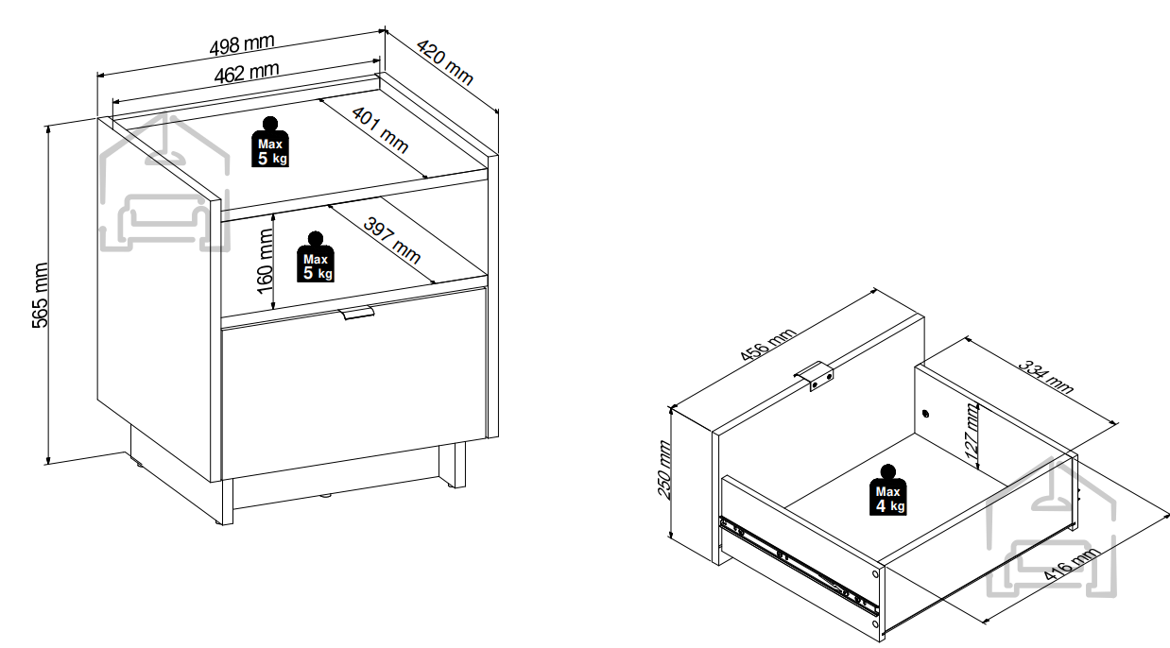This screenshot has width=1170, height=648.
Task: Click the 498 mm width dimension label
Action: [241, 45]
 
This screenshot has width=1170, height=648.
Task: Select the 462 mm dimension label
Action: [247, 73]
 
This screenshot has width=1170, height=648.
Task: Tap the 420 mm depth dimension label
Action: [445, 62]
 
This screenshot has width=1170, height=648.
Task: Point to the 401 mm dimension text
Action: [380, 129]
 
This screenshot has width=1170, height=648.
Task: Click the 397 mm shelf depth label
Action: [392, 240]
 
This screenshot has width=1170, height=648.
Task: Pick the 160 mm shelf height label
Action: [266, 262]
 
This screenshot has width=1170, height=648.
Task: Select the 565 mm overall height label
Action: [40, 295]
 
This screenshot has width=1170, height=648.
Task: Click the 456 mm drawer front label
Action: [767, 345]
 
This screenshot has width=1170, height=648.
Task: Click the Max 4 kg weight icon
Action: [887, 490]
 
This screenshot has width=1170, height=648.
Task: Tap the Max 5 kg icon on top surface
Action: [270, 142]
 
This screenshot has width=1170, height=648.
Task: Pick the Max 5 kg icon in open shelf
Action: [316, 257]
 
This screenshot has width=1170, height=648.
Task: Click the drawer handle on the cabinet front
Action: [356, 313]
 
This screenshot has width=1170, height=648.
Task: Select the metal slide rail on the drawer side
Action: [799, 565]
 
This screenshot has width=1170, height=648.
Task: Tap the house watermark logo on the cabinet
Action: [164, 182]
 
